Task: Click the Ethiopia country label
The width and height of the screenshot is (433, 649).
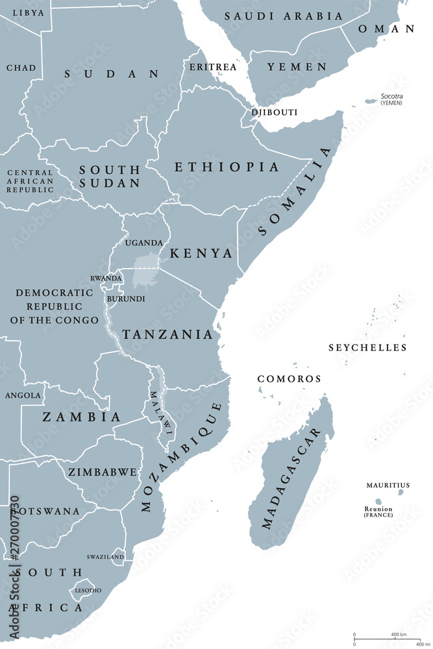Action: [227, 167]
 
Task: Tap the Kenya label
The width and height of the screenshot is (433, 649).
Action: [201, 253]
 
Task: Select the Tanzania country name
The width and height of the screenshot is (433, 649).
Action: [167, 335]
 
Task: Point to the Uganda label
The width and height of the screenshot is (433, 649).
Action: [144, 243]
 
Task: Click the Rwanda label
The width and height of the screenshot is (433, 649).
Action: [105, 278]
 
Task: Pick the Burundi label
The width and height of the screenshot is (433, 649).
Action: [127, 299]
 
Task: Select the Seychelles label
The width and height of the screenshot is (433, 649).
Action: [367, 348]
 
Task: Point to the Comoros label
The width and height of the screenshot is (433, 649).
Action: [289, 378]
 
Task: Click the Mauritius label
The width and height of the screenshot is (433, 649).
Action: [388, 485]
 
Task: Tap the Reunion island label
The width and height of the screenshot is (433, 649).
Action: [378, 509]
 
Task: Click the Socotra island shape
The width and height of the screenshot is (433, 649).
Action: [371, 101]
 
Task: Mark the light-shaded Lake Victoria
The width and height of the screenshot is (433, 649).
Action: [145, 271]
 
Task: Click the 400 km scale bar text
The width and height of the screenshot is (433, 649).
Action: [398, 633]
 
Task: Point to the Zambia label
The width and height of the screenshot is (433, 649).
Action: [81, 417]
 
